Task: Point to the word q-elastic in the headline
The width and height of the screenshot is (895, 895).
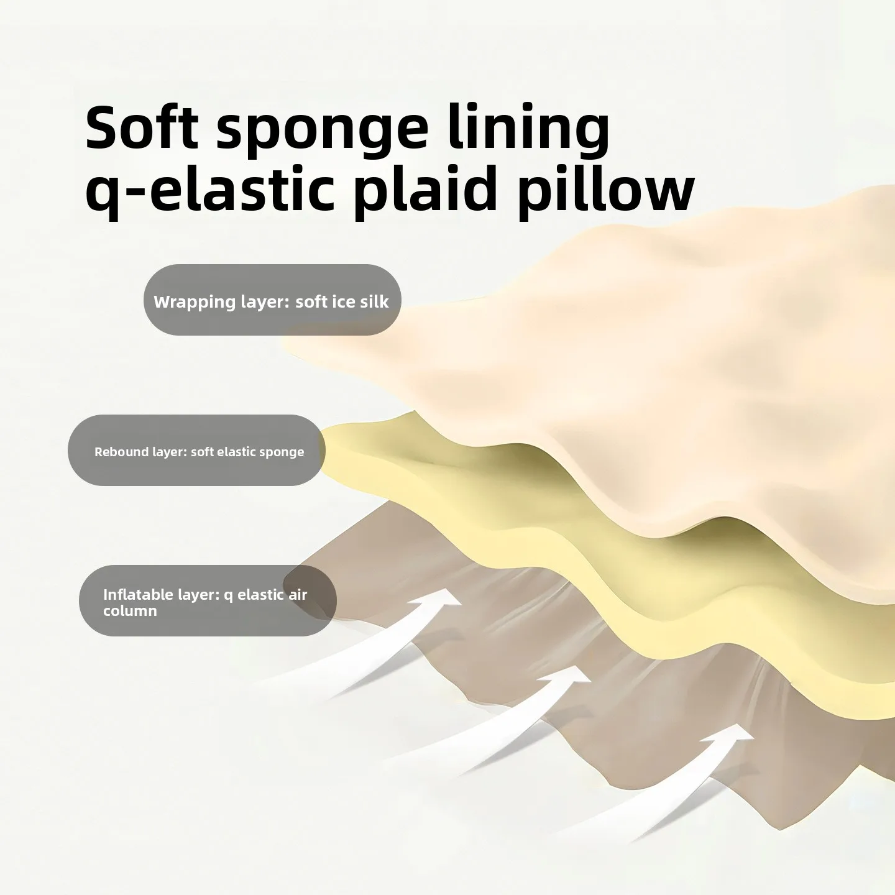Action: (210, 190)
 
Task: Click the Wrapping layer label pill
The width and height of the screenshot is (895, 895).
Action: (272, 300)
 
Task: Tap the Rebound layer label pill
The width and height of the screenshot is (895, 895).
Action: (196, 451)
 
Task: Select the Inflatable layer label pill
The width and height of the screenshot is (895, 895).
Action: (208, 600)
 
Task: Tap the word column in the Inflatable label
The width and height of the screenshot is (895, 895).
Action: (130, 611)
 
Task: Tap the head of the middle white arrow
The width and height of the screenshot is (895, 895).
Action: (571, 676)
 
